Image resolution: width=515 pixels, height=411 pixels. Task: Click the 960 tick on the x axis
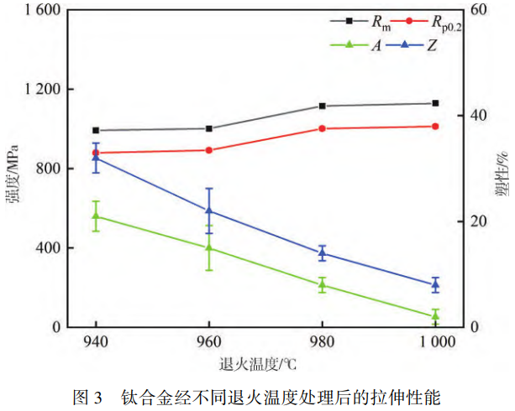pyautogui.click(x=208, y=343)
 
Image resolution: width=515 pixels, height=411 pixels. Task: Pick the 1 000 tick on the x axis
pyautogui.click(x=435, y=343)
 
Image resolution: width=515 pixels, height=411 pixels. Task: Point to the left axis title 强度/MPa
pyautogui.click(x=13, y=172)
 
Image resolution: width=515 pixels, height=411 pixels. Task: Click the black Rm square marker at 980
pyautogui.click(x=322, y=107)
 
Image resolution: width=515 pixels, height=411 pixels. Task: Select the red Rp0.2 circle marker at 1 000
pyautogui.click(x=435, y=127)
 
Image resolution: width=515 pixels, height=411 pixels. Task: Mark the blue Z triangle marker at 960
pyautogui.click(x=208, y=211)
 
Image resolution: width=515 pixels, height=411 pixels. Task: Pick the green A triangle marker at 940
pyautogui.click(x=96, y=216)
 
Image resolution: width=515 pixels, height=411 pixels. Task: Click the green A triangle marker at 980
pyautogui.click(x=322, y=285)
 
